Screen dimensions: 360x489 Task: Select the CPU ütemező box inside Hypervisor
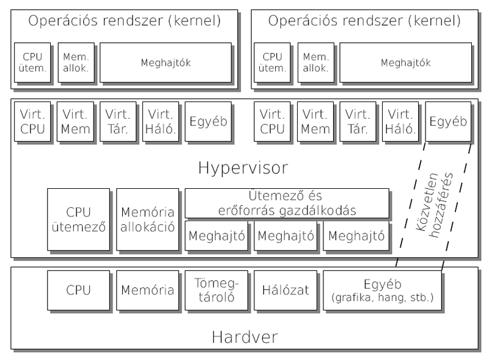tap(78, 220)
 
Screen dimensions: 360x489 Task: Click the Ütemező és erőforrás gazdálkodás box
tap(286, 203)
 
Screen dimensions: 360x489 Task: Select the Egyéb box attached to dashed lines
tap(448, 121)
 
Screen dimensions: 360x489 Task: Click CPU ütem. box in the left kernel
tap(32, 62)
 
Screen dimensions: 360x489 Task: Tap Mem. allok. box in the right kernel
tap(316, 62)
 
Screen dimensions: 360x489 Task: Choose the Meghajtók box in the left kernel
tap(166, 62)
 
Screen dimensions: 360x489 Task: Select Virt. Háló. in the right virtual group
tap(402, 121)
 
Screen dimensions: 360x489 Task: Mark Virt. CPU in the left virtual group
tap(32, 121)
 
